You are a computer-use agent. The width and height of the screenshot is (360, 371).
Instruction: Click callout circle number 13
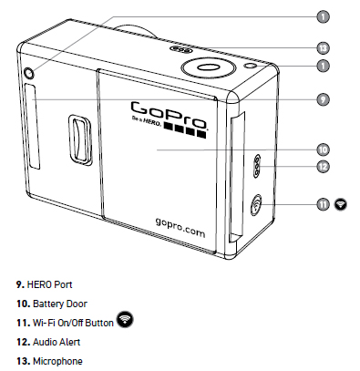coord(323,48)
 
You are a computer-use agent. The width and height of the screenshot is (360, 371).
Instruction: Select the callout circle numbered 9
coord(323,99)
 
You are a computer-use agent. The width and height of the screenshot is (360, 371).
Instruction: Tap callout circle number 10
coord(323,149)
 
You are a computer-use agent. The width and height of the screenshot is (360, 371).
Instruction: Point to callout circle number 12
coord(323,167)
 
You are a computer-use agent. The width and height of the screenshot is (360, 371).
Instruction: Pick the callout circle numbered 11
coord(323,204)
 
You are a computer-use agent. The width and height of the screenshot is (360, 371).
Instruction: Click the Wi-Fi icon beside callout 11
coord(341,204)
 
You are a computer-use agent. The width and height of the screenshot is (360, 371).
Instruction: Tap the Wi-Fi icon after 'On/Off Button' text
coord(125,319)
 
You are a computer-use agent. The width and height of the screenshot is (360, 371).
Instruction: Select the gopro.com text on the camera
coord(180,227)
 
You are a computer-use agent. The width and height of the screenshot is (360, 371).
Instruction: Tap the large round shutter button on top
coord(209,67)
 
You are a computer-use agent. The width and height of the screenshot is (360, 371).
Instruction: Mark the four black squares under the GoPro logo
coord(185,130)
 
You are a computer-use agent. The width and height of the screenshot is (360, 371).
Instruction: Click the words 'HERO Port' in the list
coord(49,284)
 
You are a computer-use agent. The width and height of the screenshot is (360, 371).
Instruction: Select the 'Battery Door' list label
coord(60,304)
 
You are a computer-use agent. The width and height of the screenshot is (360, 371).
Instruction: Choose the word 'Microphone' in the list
coord(57,361)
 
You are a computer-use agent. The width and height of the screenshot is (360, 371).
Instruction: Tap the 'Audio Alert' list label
coord(57,342)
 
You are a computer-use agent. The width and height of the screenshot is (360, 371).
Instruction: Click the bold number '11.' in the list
coord(23,323)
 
